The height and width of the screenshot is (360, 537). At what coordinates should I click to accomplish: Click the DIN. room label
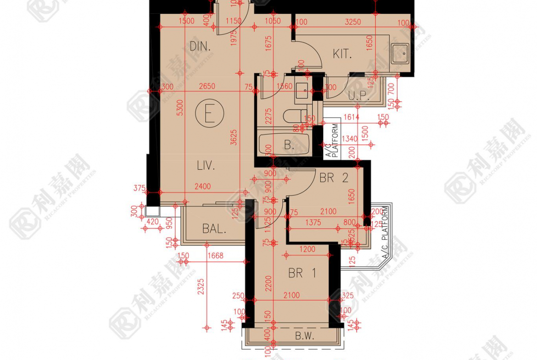click(x=200, y=46)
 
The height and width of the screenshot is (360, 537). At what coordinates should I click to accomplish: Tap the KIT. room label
click(x=342, y=54)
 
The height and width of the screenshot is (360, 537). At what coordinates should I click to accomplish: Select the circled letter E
click(x=209, y=115)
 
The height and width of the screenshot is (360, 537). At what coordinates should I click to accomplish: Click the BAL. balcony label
click(x=214, y=229)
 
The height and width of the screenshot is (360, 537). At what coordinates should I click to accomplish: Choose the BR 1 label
click(x=302, y=273)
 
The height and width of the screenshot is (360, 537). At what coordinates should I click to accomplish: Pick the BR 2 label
click(x=334, y=178)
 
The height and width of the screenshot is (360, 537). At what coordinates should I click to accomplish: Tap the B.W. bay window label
click(x=304, y=336)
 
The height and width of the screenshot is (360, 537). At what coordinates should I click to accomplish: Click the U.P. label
click(x=359, y=96)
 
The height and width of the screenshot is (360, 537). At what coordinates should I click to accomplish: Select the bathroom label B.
click(x=289, y=146)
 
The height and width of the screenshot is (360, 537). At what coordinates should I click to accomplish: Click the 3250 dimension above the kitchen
click(x=352, y=22)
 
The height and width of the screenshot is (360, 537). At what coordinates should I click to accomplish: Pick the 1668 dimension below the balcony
click(x=215, y=256)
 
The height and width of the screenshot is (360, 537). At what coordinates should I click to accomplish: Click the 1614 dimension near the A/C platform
click(x=351, y=118)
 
